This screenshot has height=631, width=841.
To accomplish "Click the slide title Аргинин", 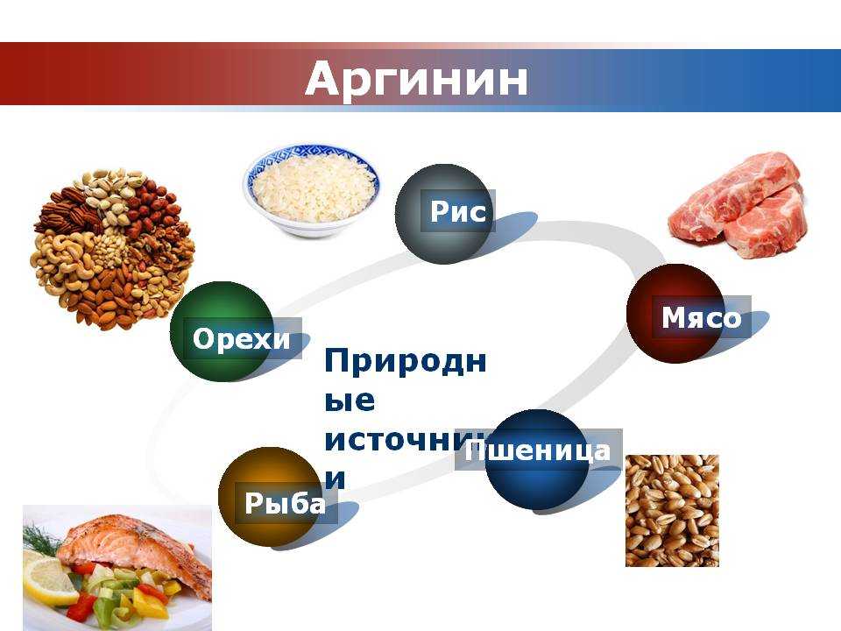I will pos(417,80).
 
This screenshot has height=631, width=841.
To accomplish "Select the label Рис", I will pos(457,211).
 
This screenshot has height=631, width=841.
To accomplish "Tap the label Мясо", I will pos(701,317).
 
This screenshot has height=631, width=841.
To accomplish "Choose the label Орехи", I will pos(241,338).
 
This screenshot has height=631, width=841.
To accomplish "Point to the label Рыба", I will pos(285,503).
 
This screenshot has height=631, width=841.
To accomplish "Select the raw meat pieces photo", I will pos(739,207).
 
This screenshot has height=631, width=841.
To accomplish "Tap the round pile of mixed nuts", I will pos(111,247).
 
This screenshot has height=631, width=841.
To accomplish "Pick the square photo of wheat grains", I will pos(672,510).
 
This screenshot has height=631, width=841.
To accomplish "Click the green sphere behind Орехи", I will pos(210,307).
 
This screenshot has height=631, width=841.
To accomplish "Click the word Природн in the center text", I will pos(405,360).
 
